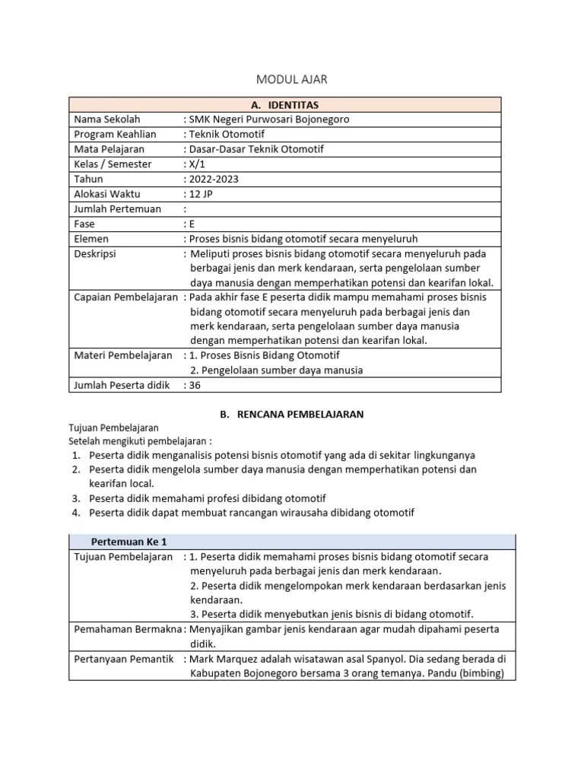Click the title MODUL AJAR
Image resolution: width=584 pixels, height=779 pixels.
[292, 79]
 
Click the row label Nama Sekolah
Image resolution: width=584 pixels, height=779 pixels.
[107, 119]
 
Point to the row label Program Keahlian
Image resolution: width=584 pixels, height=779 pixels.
[115, 135]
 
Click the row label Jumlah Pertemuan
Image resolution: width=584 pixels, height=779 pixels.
[117, 208]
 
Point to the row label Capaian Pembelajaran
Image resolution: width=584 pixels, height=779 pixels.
[125, 297]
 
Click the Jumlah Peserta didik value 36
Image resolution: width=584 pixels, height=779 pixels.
[195, 385]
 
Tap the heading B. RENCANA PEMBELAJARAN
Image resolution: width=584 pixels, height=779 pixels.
[291, 415]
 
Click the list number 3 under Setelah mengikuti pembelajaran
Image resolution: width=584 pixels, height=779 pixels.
[76, 498]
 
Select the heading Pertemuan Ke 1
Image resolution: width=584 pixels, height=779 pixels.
[129, 542]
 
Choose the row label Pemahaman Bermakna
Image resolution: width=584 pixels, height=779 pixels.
[127, 629]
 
